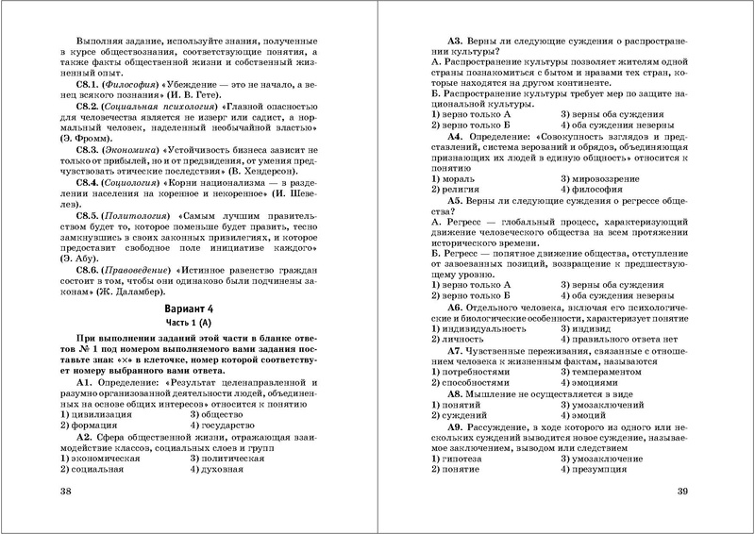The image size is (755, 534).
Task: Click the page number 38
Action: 65,492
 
